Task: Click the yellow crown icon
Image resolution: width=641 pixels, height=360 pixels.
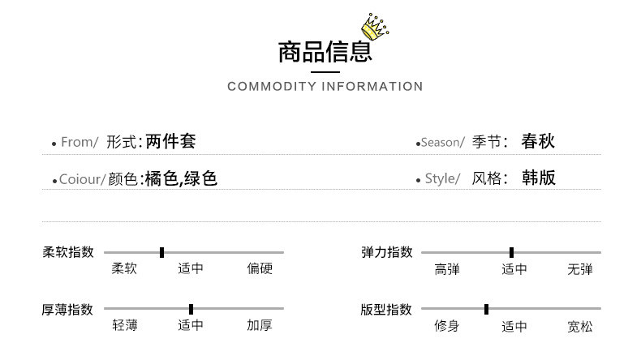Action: tap(374, 28)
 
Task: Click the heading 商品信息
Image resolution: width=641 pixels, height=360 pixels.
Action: tap(325, 52)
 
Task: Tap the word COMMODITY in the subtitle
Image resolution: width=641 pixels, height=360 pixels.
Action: tap(270, 87)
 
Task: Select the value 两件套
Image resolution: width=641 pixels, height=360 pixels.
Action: tap(171, 142)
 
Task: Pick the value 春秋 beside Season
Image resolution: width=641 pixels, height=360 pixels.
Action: tap(538, 142)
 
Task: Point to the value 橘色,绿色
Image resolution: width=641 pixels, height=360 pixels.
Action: tap(181, 178)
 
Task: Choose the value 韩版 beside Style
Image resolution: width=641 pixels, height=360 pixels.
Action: tap(539, 178)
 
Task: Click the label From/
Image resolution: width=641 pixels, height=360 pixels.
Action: tap(80, 143)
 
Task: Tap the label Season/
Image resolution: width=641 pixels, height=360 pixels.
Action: tap(442, 143)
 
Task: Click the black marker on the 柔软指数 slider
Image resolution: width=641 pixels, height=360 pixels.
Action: tap(162, 252)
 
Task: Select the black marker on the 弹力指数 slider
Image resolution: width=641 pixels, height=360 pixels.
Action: tap(511, 252)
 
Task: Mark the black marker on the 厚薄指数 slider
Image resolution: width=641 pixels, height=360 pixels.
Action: tap(191, 309)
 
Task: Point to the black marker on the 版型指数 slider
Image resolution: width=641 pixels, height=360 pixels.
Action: tap(486, 309)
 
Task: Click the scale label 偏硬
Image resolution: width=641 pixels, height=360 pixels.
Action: tap(260, 269)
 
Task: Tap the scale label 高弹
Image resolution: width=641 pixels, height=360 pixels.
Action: tap(447, 269)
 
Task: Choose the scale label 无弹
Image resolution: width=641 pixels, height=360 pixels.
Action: tap(580, 269)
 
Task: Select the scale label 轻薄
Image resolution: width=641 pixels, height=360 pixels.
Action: tap(125, 326)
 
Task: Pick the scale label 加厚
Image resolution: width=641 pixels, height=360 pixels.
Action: tap(260, 326)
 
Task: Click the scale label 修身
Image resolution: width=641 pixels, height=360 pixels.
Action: tap(447, 327)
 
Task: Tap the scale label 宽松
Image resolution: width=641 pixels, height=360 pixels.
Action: tap(580, 327)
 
